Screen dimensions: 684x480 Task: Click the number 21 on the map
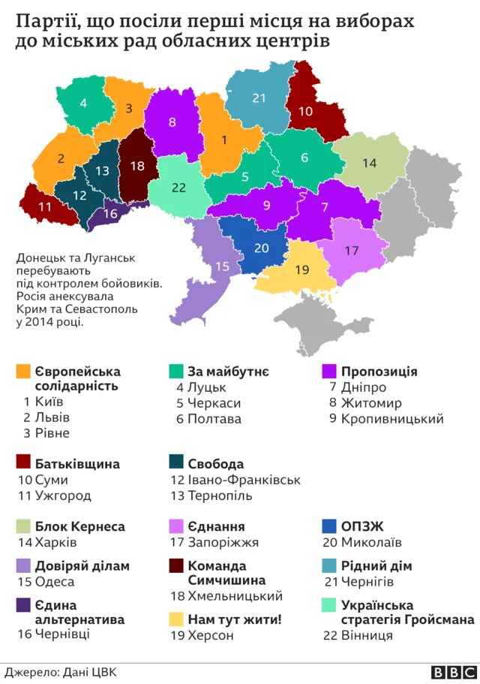tap(259, 98)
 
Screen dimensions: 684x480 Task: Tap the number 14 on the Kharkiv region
tap(369, 163)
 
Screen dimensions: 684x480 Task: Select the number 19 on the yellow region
tap(301, 270)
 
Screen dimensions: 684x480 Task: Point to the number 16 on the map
tap(110, 214)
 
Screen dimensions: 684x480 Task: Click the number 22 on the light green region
tap(178, 188)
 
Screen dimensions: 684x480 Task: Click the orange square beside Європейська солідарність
tap(22, 372)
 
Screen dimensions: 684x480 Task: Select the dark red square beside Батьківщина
tap(22, 463)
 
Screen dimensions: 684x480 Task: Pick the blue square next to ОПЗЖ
tap(328, 526)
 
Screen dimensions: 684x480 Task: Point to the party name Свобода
tap(216, 463)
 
